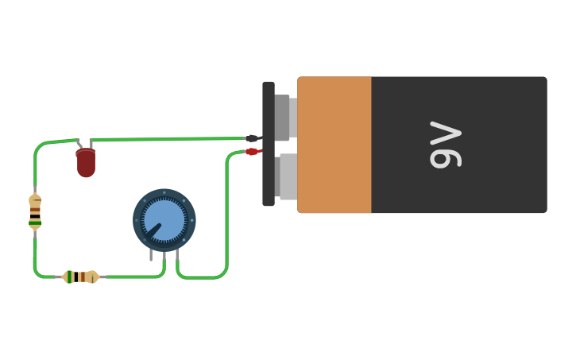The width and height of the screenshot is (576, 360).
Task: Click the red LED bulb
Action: click(86, 162)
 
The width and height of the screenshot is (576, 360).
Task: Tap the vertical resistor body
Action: click(35, 212)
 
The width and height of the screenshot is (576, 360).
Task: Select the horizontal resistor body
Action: click(80, 277)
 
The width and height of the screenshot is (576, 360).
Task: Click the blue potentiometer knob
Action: click(164, 220)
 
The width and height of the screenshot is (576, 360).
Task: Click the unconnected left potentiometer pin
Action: click(151, 254)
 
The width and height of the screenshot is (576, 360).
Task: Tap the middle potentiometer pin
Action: click(164, 256)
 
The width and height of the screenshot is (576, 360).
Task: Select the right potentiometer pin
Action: click(177, 254)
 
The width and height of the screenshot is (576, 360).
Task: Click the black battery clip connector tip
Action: click(252, 138)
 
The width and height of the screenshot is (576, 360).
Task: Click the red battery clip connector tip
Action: click(252, 151)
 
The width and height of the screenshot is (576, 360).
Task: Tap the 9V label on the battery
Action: click(445, 145)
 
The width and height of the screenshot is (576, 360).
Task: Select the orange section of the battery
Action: click(334, 145)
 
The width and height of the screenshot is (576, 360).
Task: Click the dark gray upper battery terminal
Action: click(282, 118)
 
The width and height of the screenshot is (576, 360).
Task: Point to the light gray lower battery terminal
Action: click(288, 176)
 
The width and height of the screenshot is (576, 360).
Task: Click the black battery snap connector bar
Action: click(269, 144)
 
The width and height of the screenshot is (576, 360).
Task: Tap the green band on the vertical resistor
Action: click(35, 223)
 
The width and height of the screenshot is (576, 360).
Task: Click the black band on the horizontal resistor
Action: click(76, 277)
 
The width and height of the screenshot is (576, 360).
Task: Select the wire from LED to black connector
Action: click(168, 139)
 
